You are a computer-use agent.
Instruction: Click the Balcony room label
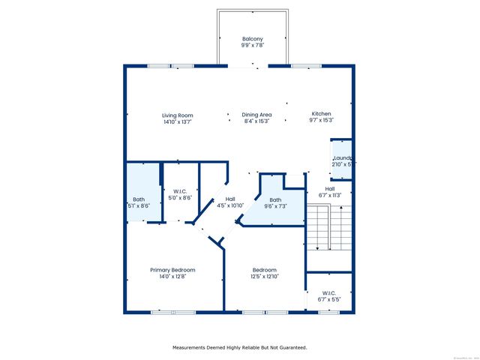pyautogui.click(x=252, y=40)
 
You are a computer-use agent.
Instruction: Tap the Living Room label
pyautogui.click(x=178, y=115)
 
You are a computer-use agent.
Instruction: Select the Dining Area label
pyautogui.click(x=256, y=115)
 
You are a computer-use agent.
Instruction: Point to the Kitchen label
pyautogui.click(x=321, y=114)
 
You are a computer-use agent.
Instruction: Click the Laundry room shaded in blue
pyautogui.click(x=342, y=159)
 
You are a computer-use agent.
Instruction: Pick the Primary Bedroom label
pyautogui.click(x=172, y=270)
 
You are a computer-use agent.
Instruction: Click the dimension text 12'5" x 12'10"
pyautogui.click(x=264, y=277)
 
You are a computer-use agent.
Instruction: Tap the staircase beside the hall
pyautogui.click(x=328, y=232)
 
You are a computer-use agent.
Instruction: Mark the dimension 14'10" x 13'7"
pyautogui.click(x=178, y=122)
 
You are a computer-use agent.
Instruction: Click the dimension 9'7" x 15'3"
pyautogui.click(x=321, y=121)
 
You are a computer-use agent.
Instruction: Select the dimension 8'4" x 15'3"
pyautogui.click(x=256, y=122)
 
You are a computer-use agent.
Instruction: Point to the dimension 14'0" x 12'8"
pyautogui.click(x=172, y=277)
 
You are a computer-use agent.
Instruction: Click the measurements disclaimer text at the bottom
pyautogui.click(x=240, y=347)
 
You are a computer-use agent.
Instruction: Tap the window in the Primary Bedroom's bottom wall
pyautogui.click(x=163, y=311)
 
